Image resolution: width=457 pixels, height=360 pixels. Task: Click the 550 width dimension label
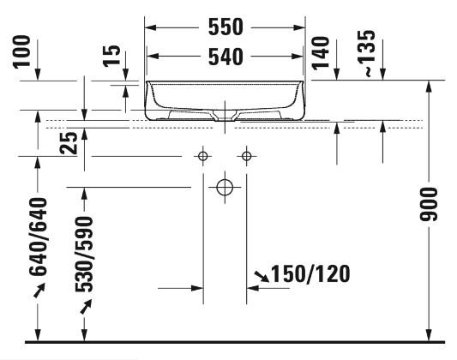click(225, 27)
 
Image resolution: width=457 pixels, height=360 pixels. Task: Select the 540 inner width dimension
click(225, 57)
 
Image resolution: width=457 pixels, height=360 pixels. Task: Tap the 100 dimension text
click(21, 51)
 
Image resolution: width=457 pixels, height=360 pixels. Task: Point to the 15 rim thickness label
click(112, 56)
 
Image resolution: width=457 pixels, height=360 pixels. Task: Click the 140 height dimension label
click(321, 53)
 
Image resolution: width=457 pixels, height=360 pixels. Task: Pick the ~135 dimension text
click(366, 53)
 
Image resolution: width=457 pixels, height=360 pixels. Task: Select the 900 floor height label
click(429, 204)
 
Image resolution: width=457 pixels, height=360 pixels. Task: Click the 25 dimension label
click(69, 143)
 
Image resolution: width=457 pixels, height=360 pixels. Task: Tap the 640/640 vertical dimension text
click(39, 237)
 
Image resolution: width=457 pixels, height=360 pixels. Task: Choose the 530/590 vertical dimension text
click(84, 254)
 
